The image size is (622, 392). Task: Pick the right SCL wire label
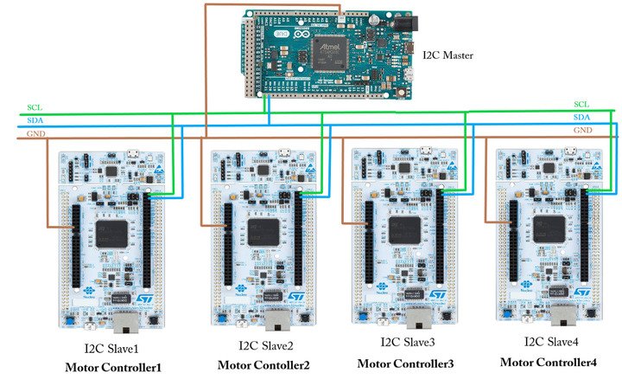coord(582,104)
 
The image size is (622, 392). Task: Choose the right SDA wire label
coord(582,116)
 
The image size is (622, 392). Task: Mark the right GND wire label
coord(583,129)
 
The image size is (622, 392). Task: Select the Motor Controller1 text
coord(113,368)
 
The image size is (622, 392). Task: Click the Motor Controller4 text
coord(548,362)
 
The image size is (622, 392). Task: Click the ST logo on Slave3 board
coord(435,295)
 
